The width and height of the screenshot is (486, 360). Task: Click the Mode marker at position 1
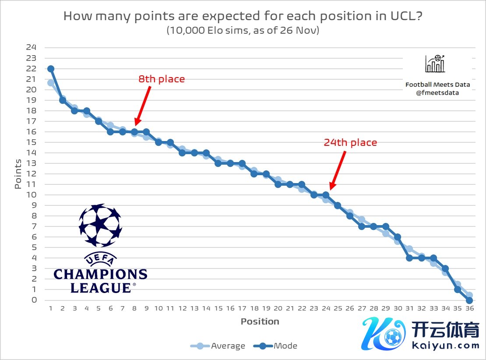pyautogui.click(x=51, y=69)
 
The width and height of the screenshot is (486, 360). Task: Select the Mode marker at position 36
pyautogui.click(x=469, y=300)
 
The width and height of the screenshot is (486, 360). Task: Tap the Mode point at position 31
pyautogui.click(x=409, y=258)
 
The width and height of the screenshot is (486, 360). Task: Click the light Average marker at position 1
pyautogui.click(x=51, y=83)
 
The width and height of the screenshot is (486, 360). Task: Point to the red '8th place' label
pyautogui.click(x=162, y=79)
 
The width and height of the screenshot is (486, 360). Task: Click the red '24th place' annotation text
pyautogui.click(x=350, y=142)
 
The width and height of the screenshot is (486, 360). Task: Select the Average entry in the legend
pyautogui.click(x=218, y=346)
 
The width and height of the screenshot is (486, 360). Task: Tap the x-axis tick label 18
pyautogui.click(x=254, y=309)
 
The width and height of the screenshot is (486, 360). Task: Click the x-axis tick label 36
pyautogui.click(x=469, y=309)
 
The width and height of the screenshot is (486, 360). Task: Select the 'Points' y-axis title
pyautogui.click(x=18, y=174)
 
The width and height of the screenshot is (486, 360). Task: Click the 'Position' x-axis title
pyautogui.click(x=260, y=321)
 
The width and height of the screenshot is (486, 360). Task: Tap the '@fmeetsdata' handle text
pyautogui.click(x=438, y=93)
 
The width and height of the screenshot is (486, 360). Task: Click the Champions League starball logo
pyautogui.click(x=100, y=226)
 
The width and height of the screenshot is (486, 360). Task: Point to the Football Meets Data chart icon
pyautogui.click(x=435, y=64)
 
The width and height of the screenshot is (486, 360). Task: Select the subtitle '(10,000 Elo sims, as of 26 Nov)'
pyautogui.click(x=243, y=31)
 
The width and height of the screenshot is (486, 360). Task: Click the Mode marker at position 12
pyautogui.click(x=182, y=153)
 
